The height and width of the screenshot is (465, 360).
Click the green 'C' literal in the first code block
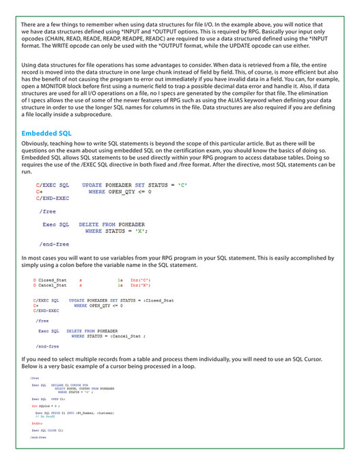click(182, 185)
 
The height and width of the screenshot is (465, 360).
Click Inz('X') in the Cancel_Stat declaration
click(140, 285)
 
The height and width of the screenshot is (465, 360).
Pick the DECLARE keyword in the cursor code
click(57, 384)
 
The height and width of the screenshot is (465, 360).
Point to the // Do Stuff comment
click(44, 416)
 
